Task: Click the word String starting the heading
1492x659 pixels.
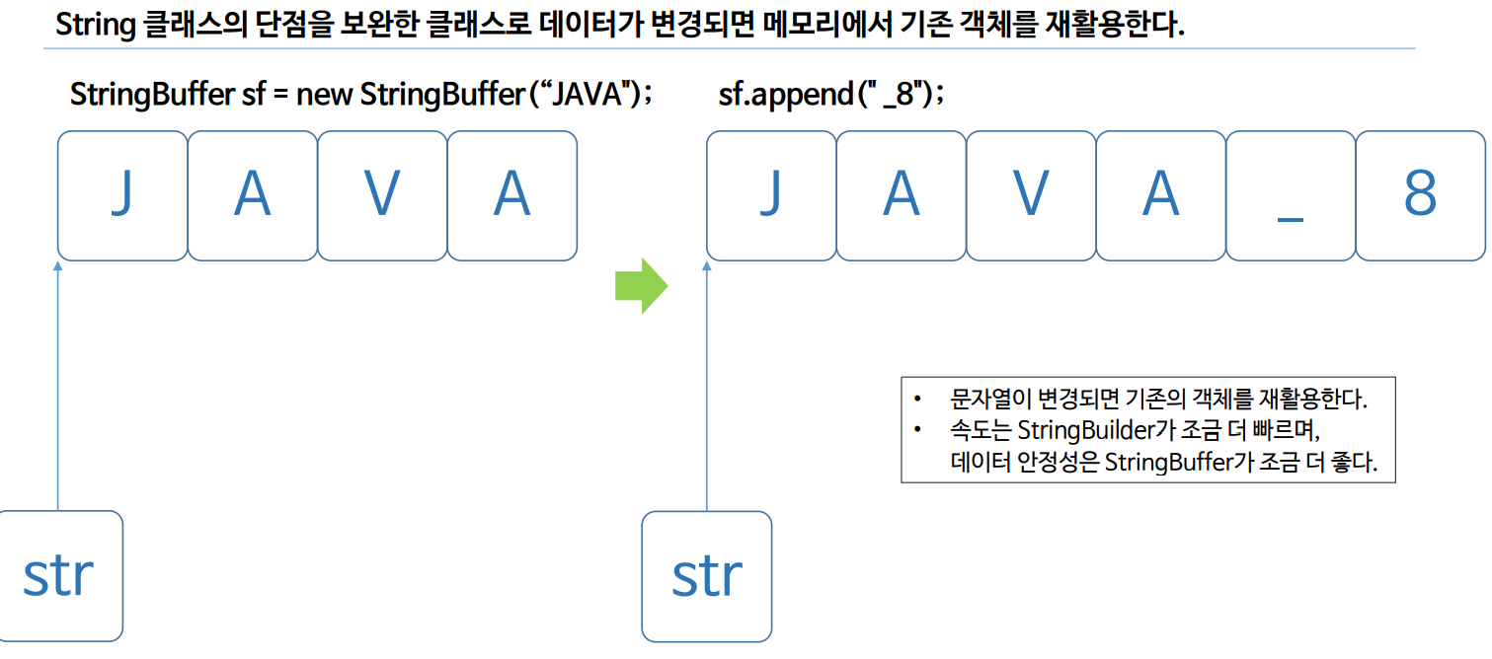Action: point(95,25)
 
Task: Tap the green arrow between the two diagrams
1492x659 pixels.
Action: point(641,287)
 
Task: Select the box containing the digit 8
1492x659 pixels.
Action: point(1420,195)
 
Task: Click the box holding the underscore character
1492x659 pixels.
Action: point(1290,195)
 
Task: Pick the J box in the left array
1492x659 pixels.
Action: point(121,195)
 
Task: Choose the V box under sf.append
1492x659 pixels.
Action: point(1031,195)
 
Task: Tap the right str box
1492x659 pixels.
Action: point(707,576)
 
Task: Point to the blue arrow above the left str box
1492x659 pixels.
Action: point(58,385)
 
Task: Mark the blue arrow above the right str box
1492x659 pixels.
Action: point(707,385)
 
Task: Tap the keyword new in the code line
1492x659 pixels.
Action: point(325,96)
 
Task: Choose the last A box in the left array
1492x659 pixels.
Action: point(511,195)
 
